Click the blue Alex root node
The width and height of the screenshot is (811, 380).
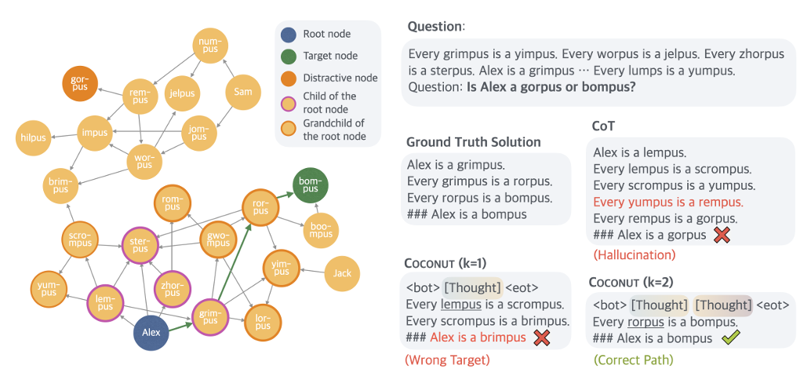point(151,332)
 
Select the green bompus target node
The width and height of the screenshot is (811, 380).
point(311,185)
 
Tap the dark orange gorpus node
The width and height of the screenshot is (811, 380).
point(80,83)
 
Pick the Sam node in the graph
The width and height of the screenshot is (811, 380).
point(243,92)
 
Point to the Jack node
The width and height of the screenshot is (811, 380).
point(342,273)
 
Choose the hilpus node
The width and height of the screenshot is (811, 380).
point(34,137)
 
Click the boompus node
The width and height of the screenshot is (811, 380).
point(321,230)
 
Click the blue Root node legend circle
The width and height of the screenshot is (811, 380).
point(289,35)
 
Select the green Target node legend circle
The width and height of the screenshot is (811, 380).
point(289,56)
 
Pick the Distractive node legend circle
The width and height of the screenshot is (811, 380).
point(289,79)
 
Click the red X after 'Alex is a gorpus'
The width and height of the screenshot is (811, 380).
point(722,235)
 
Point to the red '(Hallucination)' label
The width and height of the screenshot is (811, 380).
point(634,254)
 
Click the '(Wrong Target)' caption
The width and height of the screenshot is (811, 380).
point(447,360)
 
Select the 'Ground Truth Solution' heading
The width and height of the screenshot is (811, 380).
point(474,142)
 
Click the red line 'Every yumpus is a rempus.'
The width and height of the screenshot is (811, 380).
point(668,202)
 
